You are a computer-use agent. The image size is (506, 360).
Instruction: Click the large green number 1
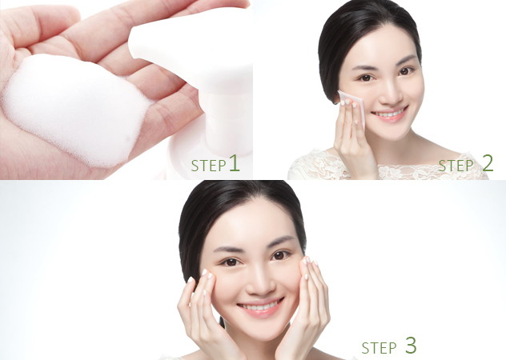(x=235, y=163)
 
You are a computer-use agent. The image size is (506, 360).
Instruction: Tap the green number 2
(x=488, y=163)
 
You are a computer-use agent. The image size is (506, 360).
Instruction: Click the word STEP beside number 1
(x=208, y=166)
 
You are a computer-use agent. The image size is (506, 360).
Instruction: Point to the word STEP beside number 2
(x=456, y=166)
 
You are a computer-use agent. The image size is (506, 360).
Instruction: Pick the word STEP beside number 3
(x=379, y=348)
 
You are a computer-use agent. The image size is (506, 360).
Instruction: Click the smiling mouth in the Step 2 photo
(x=390, y=114)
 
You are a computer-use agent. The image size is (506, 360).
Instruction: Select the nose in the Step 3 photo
(x=262, y=284)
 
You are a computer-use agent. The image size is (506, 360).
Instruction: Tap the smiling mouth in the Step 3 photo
(x=261, y=306)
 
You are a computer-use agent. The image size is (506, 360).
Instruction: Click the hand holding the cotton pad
(x=353, y=135)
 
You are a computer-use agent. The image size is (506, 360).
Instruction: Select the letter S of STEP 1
(x=195, y=166)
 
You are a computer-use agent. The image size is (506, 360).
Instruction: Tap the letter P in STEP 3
(x=392, y=348)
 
